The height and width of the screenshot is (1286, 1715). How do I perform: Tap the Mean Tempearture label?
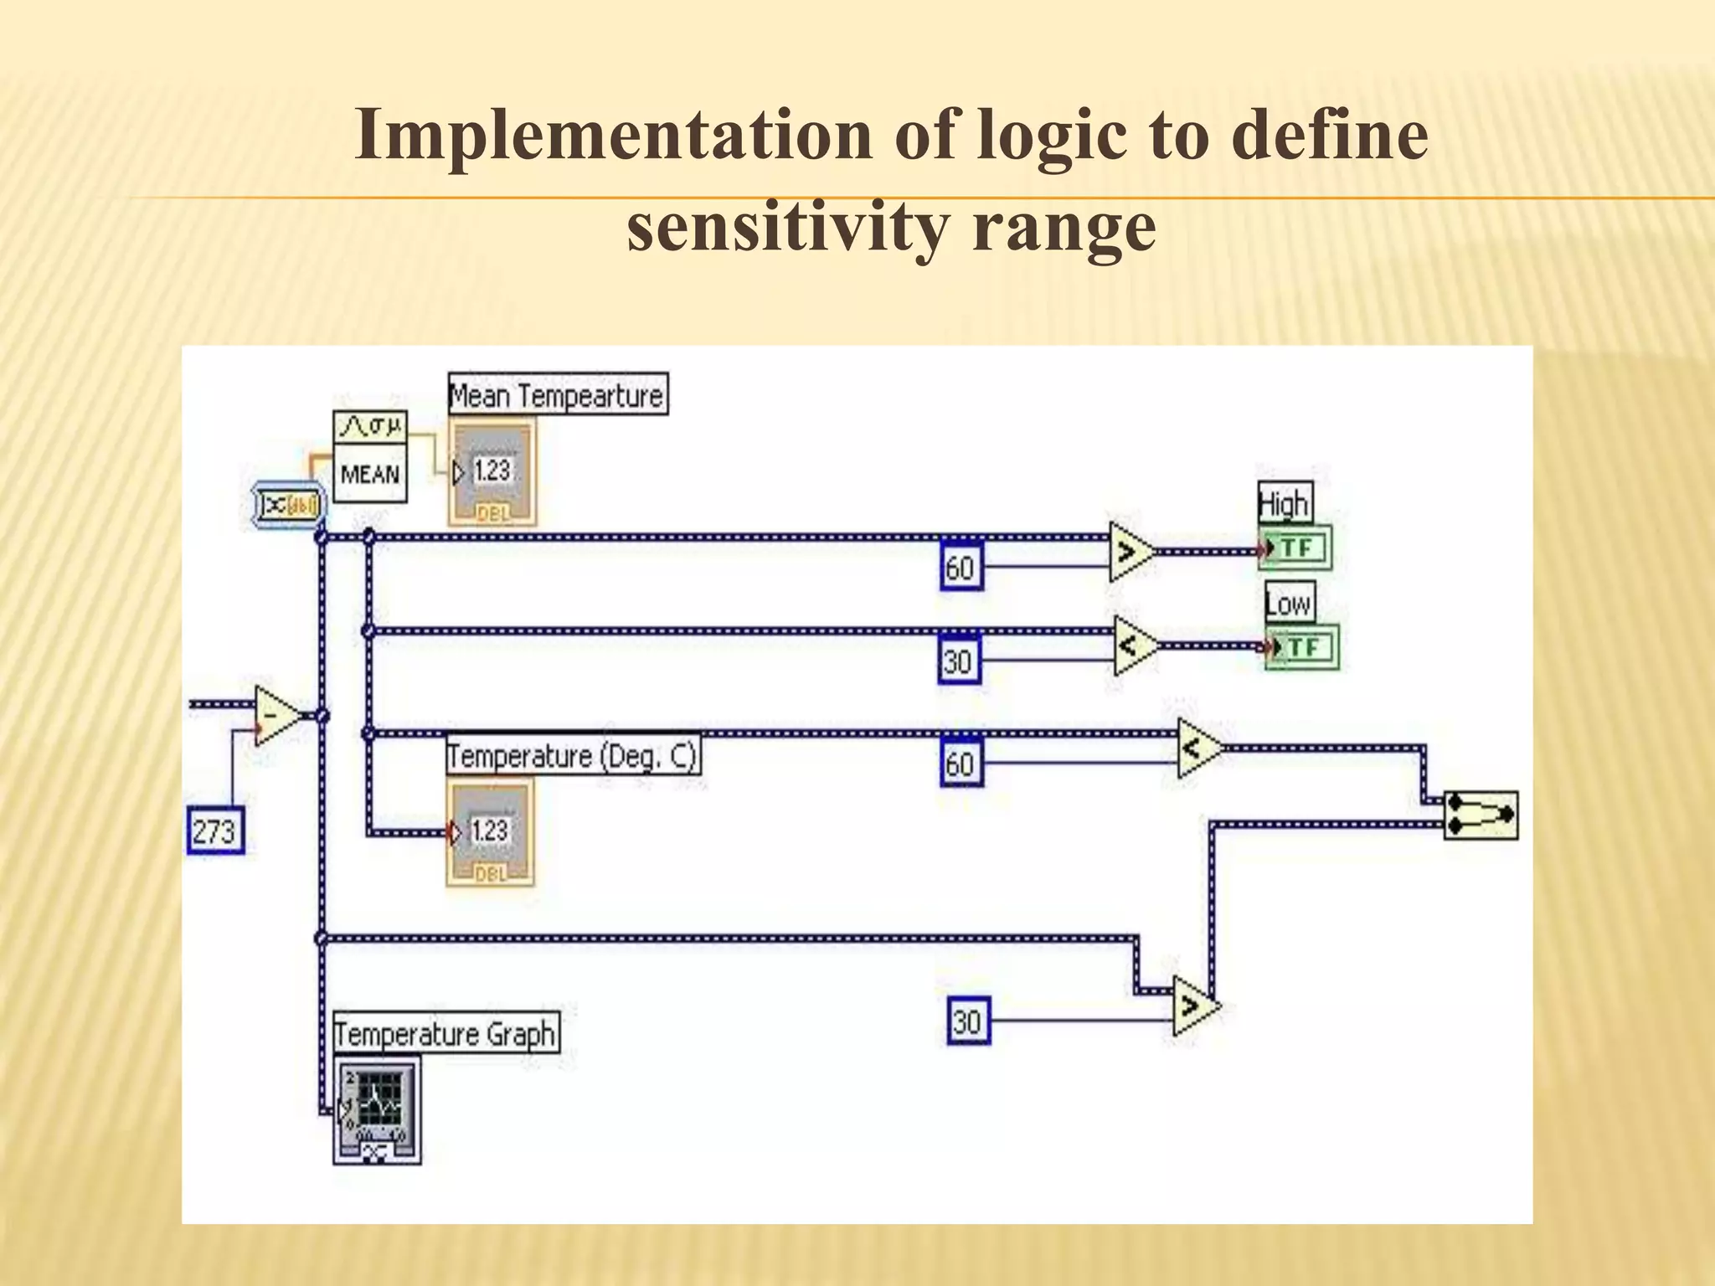pos(558,395)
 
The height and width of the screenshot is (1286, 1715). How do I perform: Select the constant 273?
pos(215,831)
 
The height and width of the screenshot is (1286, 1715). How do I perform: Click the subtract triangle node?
pos(277,717)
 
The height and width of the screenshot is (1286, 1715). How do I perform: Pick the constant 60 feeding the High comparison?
pos(961,568)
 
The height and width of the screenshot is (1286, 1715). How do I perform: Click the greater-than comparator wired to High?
pos(1130,552)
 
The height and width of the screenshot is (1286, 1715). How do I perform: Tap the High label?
pos(1284,504)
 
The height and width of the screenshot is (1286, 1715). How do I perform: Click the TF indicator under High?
pos(1294,549)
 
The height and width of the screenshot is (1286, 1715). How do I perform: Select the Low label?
pos(1289,603)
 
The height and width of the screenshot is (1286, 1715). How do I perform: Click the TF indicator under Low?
pos(1300,647)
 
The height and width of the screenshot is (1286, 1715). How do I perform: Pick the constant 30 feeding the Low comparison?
pos(960,661)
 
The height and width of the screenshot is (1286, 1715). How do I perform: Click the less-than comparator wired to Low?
pos(1135,646)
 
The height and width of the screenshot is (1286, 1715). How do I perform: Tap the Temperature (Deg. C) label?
pos(572,756)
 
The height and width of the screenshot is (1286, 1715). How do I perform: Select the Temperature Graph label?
pos(445,1034)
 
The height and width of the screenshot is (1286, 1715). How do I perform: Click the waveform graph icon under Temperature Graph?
pos(377,1109)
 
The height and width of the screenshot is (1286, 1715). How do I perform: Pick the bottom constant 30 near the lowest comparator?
pos(969,1021)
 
